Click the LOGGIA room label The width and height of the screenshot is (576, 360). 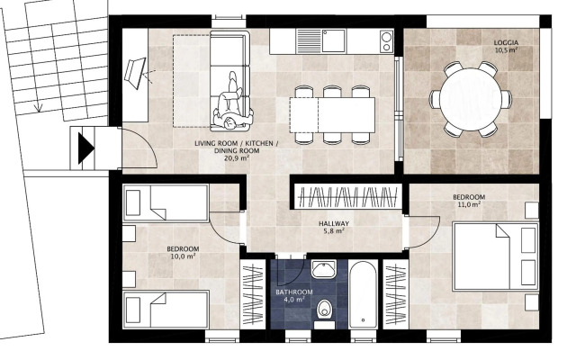coord(506,42)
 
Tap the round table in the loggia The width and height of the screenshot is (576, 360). coord(471,99)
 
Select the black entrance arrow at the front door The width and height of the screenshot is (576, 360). coord(86,148)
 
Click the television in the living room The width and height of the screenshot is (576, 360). coord(135,74)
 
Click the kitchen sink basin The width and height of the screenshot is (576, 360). coord(334,40)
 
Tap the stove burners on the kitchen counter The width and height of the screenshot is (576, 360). coord(386,41)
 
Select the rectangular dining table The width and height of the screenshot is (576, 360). coord(332,115)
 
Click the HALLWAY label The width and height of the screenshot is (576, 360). coord(334,224)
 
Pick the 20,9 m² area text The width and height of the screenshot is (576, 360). coord(237,158)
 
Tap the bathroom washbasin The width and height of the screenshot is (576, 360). coord(324,269)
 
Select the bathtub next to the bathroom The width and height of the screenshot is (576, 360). coord(363,294)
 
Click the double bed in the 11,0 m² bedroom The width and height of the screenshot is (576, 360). coord(496,256)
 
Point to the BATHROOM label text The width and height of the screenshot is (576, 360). coord(294,292)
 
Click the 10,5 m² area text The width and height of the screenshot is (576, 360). coord(506,50)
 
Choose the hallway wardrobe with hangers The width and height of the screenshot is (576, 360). coord(347,197)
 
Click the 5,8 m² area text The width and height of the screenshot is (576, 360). coord(334,231)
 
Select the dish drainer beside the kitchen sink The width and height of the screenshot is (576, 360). coord(310,40)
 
